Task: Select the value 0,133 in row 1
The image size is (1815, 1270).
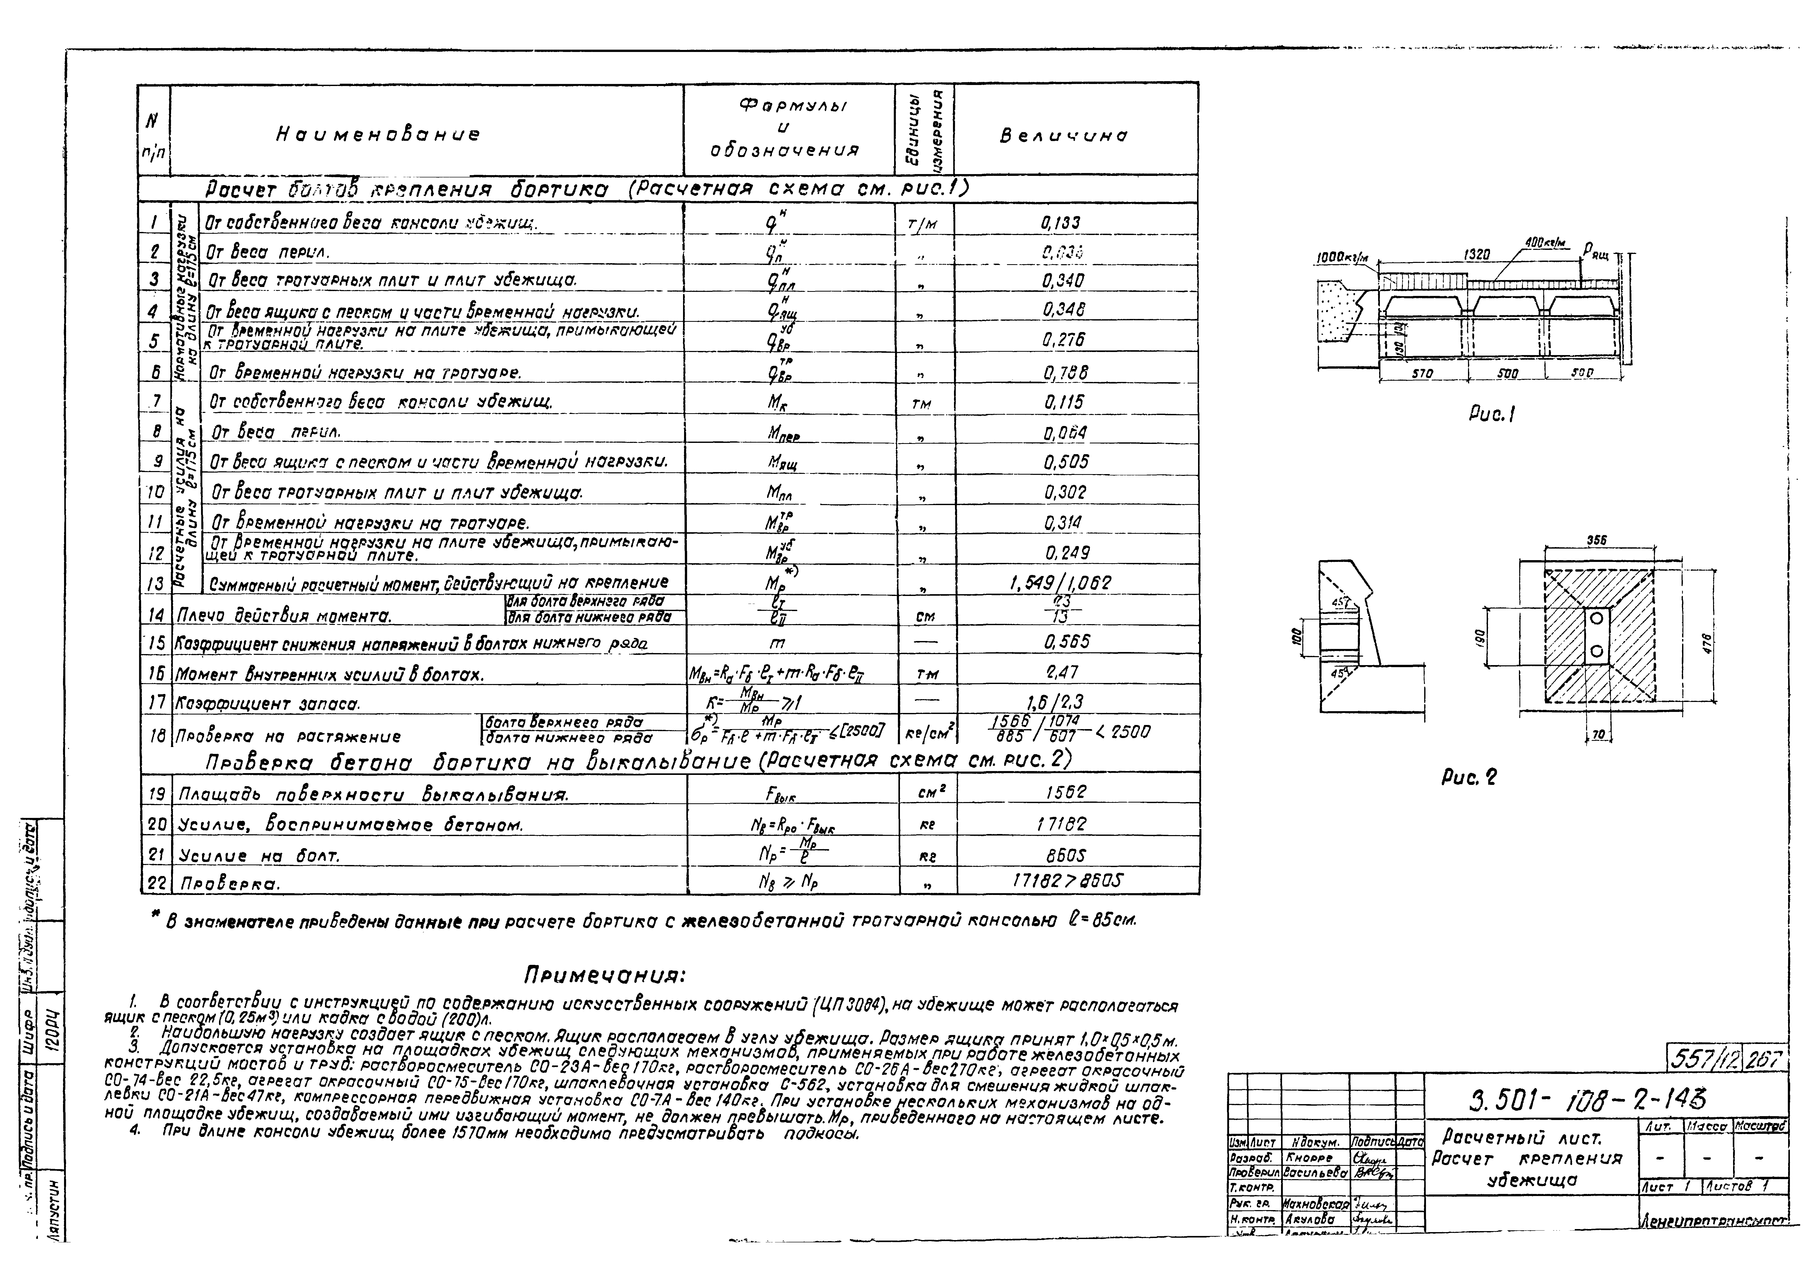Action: coord(1060,223)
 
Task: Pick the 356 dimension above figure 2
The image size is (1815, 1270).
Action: coord(1597,541)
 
